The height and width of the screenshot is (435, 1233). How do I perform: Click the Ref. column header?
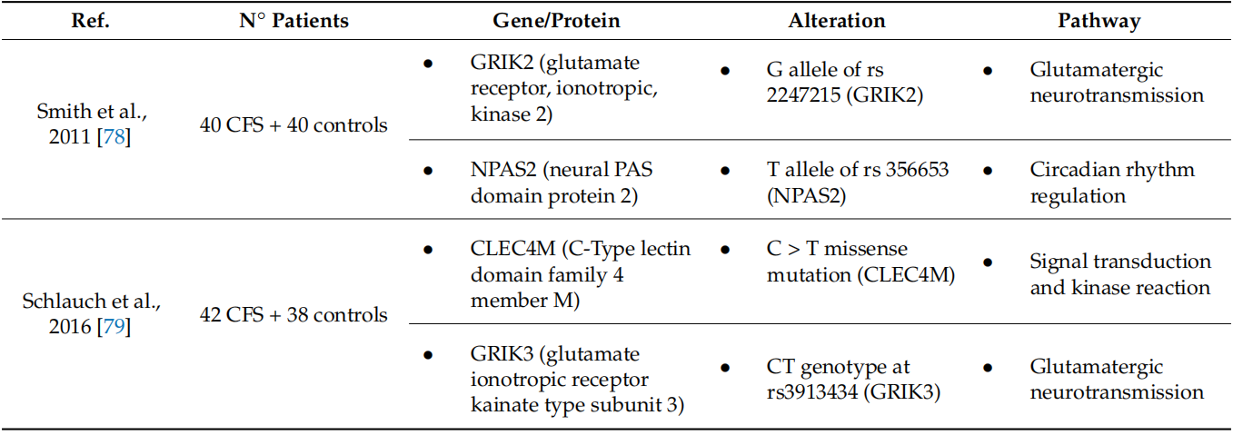(90, 21)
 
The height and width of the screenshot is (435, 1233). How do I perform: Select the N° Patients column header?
(293, 21)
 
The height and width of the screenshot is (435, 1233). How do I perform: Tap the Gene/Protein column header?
(556, 21)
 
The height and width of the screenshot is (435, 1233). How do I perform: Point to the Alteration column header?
(837, 21)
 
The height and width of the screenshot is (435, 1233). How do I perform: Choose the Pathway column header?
(1099, 22)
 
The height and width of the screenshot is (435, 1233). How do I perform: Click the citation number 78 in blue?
(114, 136)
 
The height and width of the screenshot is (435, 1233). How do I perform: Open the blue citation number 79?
(114, 326)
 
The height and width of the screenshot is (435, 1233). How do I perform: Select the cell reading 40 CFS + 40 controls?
(293, 124)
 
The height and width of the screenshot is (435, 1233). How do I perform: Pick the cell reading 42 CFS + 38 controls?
(293, 314)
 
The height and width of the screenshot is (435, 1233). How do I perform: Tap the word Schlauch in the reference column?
(65, 301)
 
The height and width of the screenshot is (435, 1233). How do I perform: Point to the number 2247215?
(803, 95)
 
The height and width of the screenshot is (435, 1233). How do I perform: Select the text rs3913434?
(812, 391)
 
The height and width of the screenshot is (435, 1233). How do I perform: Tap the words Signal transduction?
(1120, 262)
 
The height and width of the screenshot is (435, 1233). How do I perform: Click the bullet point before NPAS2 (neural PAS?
(428, 171)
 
